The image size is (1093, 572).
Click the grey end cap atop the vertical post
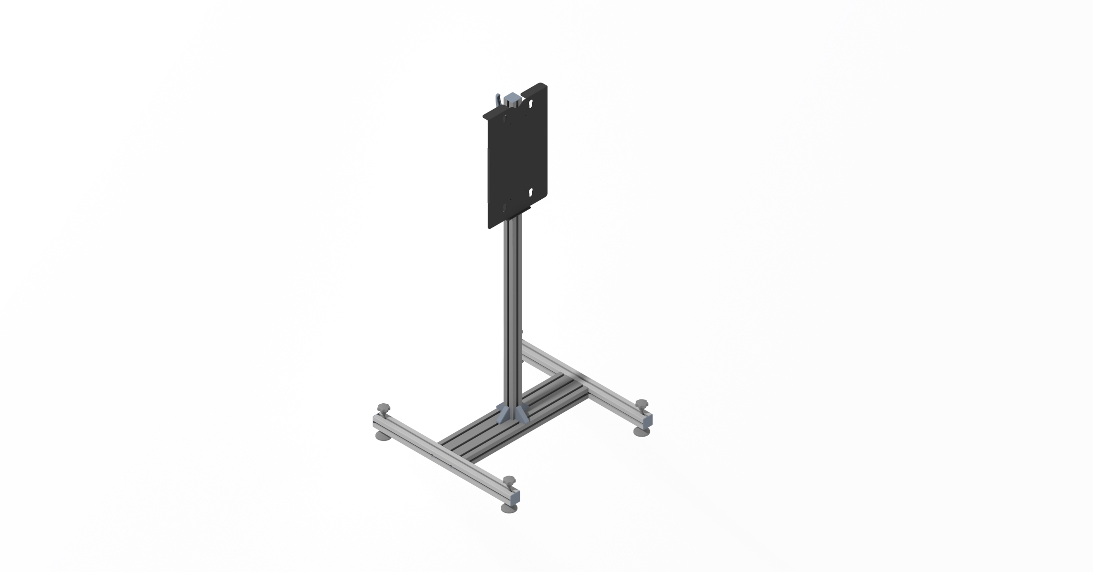pos(512,98)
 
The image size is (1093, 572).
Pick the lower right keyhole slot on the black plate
pos(531,193)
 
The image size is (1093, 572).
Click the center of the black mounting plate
pos(517,160)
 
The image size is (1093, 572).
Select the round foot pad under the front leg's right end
pos(510,509)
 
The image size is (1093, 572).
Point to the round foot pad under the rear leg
pos(641,431)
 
